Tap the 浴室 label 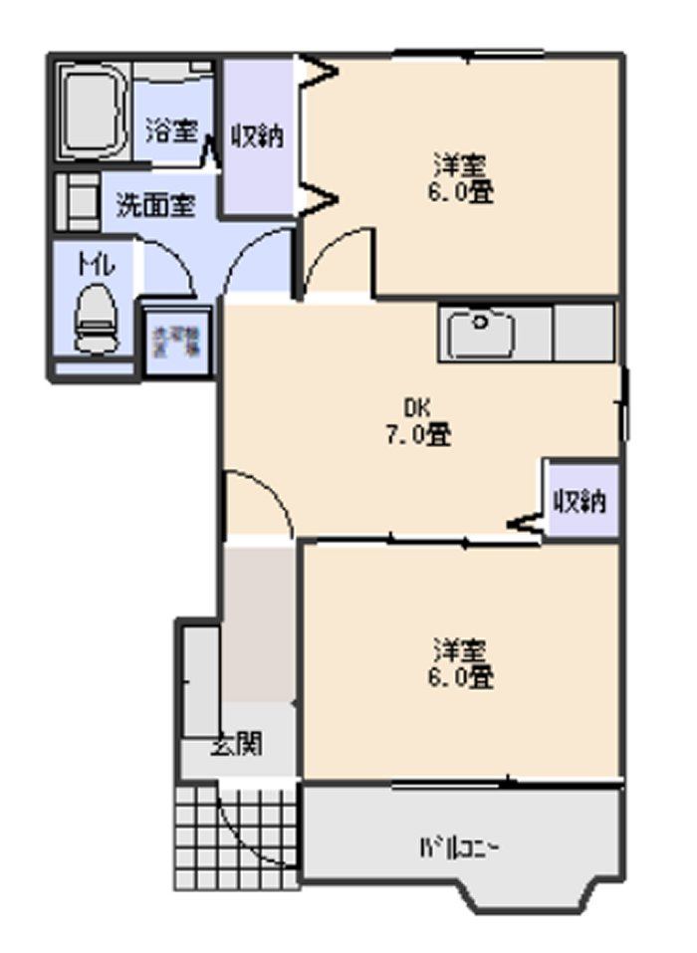pyautogui.click(x=172, y=130)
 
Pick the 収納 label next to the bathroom pyautogui.click(x=258, y=134)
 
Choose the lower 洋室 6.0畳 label pyautogui.click(x=460, y=664)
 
